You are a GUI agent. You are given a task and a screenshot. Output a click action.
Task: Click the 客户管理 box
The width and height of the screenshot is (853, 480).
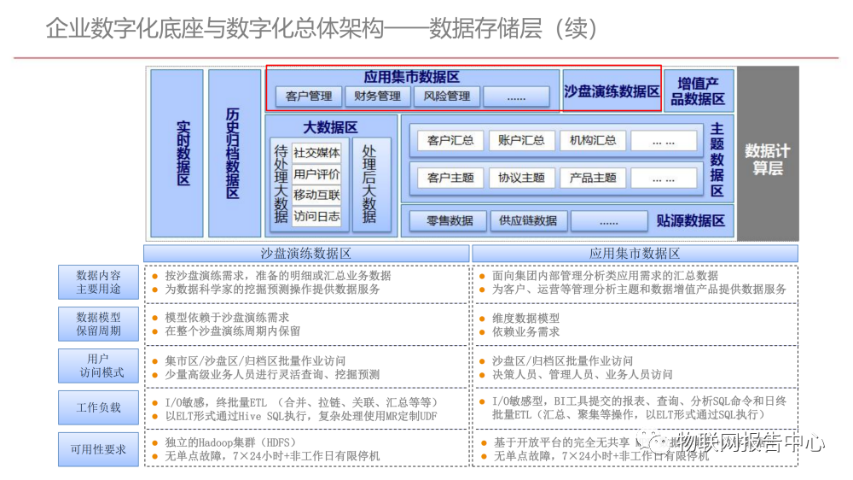point(308,97)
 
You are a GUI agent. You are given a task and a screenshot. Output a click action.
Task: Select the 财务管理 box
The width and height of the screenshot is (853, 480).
point(378,97)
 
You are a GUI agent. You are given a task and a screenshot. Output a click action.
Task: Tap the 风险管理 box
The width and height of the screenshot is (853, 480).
point(447,97)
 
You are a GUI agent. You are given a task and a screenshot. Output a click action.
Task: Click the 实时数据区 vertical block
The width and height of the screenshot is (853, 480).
point(177,153)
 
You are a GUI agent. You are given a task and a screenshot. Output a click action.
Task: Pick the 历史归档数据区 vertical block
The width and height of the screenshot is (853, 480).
point(234,153)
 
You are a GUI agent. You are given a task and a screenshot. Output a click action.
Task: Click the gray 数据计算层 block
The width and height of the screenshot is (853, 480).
point(768,154)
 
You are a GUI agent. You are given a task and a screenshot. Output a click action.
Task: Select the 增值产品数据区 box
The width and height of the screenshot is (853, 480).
point(698,91)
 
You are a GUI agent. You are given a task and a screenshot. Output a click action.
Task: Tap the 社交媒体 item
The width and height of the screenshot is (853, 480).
point(316,153)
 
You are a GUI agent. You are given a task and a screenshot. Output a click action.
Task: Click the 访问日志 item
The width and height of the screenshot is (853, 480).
point(316,217)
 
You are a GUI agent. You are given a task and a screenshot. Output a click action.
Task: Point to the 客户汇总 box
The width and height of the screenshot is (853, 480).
point(450,140)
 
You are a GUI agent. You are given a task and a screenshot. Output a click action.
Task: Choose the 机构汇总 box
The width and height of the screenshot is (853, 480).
point(593,140)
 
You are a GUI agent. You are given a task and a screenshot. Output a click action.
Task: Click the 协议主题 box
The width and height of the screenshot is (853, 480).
point(521,178)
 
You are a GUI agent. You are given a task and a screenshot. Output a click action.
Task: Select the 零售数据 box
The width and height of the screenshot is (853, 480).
point(450,220)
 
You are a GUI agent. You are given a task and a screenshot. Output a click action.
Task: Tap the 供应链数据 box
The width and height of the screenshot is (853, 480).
point(528,220)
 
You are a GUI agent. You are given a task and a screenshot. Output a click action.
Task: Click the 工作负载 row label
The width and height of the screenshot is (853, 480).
point(99,408)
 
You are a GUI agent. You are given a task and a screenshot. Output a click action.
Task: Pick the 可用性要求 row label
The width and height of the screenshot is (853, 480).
point(99,449)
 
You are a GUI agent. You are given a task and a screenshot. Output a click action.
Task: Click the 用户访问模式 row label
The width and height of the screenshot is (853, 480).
point(99,366)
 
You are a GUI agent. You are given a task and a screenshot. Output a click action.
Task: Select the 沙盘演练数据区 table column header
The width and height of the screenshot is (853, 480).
point(306,254)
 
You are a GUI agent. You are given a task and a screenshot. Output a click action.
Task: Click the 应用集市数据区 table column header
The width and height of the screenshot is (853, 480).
point(635,254)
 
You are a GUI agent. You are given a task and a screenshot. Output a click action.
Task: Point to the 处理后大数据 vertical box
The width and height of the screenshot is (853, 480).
point(369,184)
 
